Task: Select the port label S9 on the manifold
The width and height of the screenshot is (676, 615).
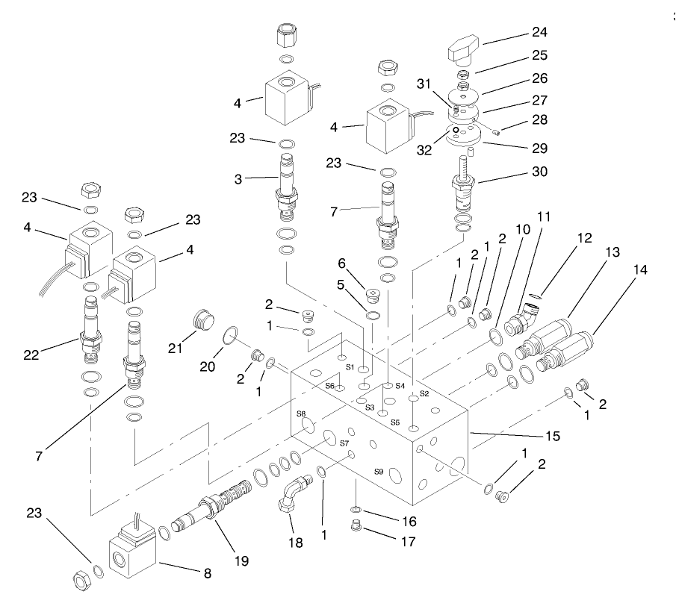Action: [379, 472]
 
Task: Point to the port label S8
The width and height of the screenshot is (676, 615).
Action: [301, 413]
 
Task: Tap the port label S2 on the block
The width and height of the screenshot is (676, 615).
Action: [424, 393]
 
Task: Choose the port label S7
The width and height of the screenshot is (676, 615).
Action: [344, 443]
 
